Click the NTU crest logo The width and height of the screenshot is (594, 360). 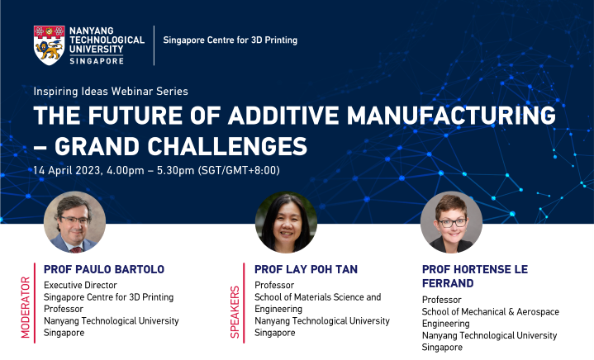[49, 45]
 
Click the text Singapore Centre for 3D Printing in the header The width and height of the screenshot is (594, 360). [230, 40]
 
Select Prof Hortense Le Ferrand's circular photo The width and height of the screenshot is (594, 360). [451, 222]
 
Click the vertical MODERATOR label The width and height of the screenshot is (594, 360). [25, 306]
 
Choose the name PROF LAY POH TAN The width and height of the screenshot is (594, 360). [307, 269]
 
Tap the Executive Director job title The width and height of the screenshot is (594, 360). [81, 286]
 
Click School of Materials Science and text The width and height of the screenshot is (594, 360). [317, 297]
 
